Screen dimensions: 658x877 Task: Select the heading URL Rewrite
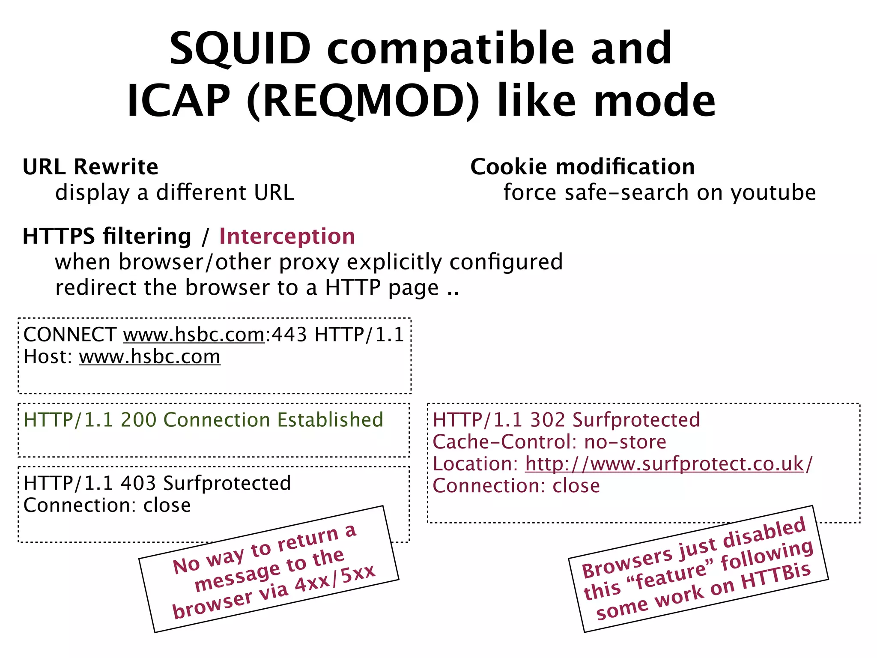coord(90,167)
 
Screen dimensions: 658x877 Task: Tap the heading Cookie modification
coord(582,167)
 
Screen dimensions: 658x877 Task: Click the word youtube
coord(773,192)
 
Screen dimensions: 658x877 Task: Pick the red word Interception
coord(287,236)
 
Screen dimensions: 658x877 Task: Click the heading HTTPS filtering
coord(107,236)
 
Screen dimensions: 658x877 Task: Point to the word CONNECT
coord(70,335)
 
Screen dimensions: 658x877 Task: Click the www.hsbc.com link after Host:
coord(149,357)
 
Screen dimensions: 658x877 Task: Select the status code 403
coord(138,483)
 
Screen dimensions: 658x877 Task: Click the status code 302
coord(547,420)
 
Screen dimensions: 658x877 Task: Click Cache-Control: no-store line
coord(549,442)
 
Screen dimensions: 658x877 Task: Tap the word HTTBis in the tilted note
coord(776,576)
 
